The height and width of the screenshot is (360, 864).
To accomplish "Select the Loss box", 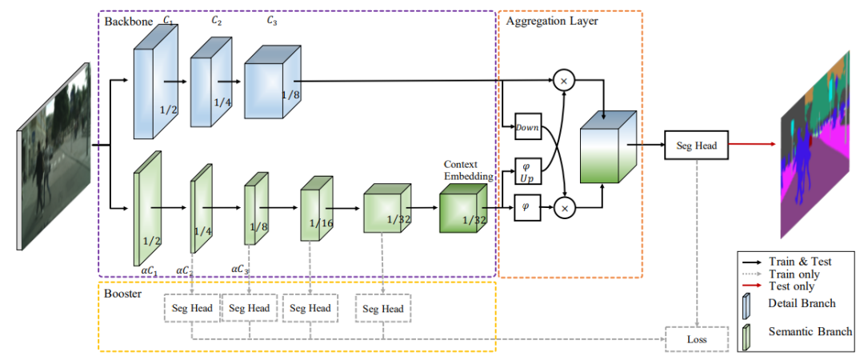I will [x=697, y=338].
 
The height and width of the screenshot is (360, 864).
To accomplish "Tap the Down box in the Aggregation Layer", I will [x=528, y=126].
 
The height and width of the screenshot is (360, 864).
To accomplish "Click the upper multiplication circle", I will [x=565, y=80].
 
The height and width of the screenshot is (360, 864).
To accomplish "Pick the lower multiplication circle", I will [x=565, y=209].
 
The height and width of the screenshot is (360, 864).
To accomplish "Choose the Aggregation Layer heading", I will [x=552, y=21].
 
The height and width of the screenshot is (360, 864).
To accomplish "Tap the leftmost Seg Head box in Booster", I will [x=190, y=308].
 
